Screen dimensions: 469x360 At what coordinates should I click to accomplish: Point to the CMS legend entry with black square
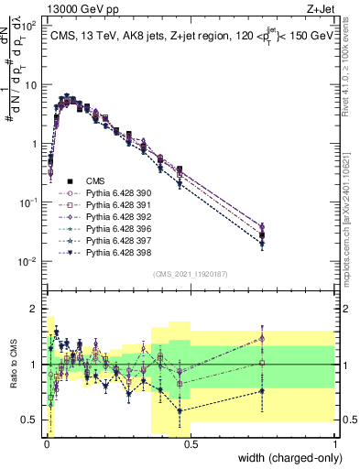(x=96, y=181)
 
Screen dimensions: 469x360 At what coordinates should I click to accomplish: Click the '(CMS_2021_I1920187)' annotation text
(x=190, y=273)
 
